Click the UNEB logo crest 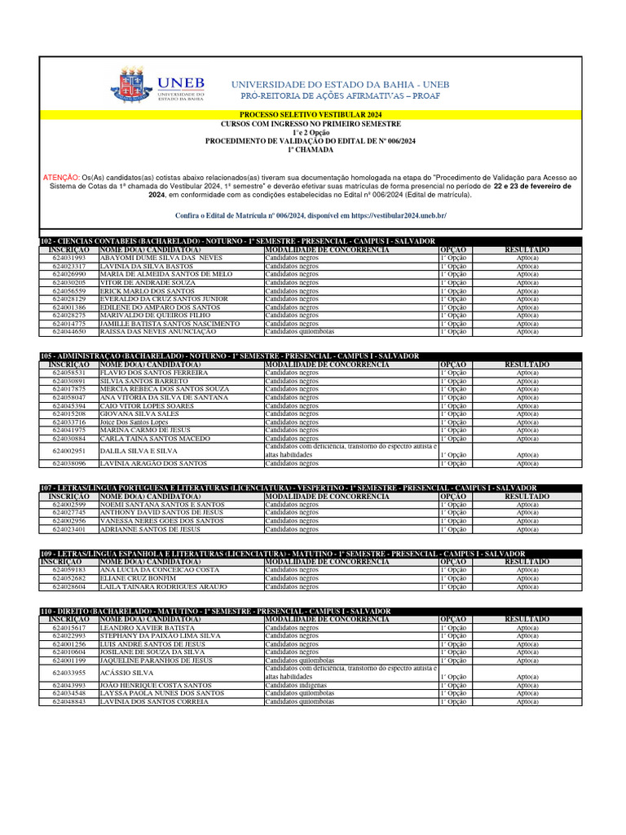pyautogui.click(x=134, y=86)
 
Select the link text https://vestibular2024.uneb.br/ pyautogui.click(x=394, y=215)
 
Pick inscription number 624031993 pyautogui.click(x=69, y=258)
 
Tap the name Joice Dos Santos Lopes pyautogui.click(x=134, y=422)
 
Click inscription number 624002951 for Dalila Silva pyautogui.click(x=69, y=451)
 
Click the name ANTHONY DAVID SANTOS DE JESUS pyautogui.click(x=161, y=513)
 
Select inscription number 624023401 pyautogui.click(x=69, y=529)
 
